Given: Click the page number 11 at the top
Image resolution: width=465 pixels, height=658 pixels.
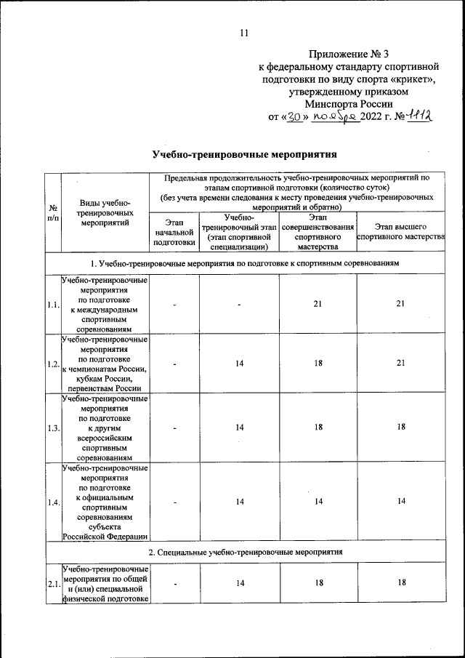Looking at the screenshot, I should [243, 32].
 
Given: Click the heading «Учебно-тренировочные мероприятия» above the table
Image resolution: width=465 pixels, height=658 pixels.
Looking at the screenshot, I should [245, 154].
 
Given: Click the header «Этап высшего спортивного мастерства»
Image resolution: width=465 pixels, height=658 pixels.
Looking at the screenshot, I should [400, 231].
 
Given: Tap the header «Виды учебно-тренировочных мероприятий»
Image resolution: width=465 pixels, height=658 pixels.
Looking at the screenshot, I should [105, 212].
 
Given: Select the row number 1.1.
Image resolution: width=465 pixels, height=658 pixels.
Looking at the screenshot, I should [52, 305].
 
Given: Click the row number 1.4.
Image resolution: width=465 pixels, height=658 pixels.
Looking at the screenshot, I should [52, 502].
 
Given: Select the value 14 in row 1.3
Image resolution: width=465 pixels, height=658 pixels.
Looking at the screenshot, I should [239, 428].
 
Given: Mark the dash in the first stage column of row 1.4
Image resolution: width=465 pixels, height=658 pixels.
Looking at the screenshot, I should [173, 502].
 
